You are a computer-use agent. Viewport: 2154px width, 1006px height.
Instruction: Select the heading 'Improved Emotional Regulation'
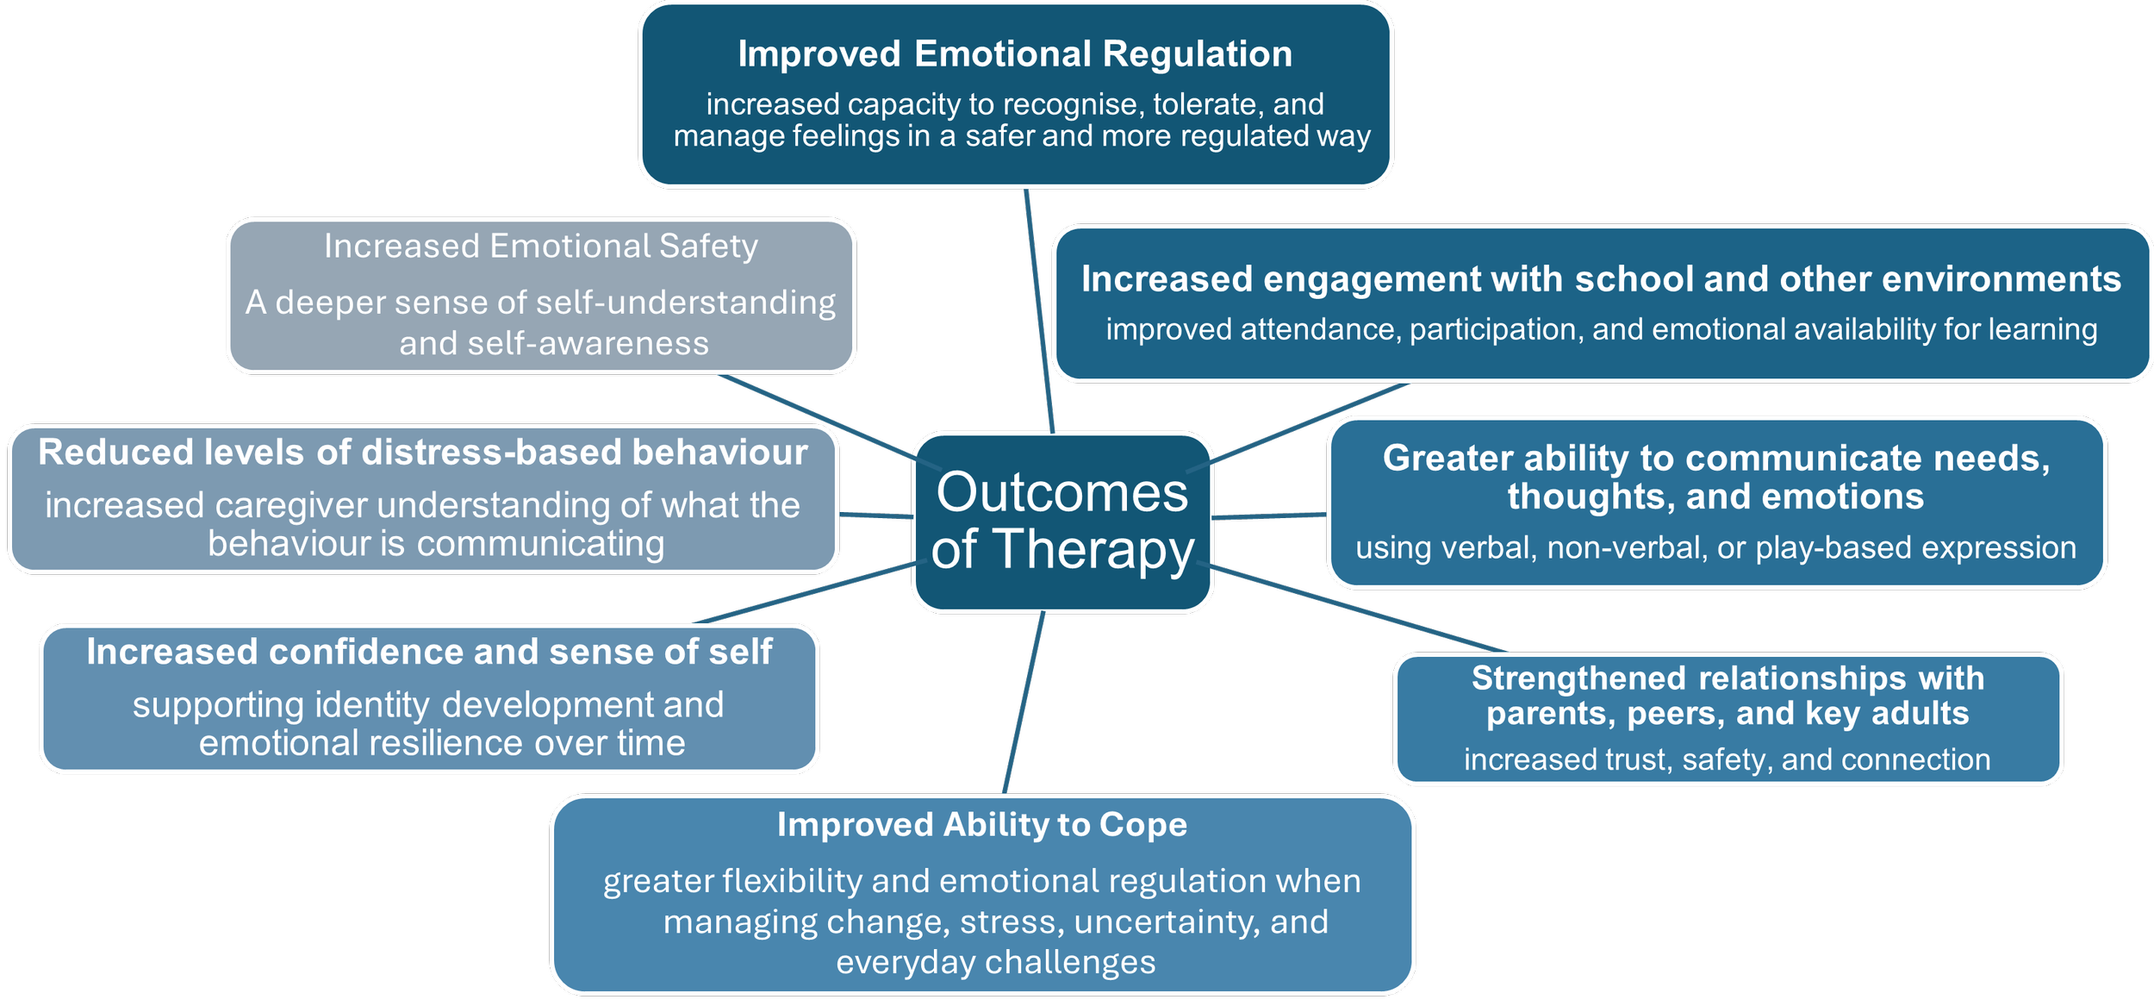[1015, 54]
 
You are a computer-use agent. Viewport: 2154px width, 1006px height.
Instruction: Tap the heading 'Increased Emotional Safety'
[541, 247]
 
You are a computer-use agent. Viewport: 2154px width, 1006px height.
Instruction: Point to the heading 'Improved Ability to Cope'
[982, 825]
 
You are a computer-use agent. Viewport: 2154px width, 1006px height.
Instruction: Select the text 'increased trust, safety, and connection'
[1727, 759]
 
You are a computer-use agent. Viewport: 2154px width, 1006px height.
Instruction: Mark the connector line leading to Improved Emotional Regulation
[1039, 310]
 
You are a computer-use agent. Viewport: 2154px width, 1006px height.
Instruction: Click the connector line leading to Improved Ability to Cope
[1024, 703]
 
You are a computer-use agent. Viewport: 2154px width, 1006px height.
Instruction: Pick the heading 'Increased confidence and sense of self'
[429, 653]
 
